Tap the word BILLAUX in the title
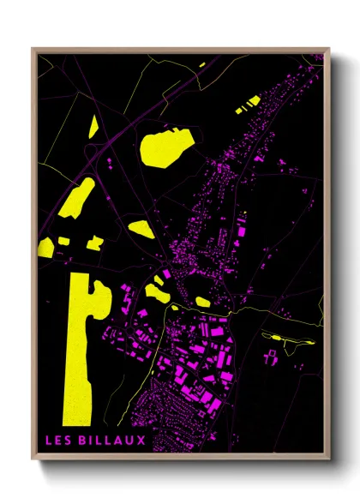pyautogui.click(x=115, y=440)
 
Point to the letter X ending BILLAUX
pyautogui.click(x=141, y=440)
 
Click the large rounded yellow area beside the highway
pyautogui.click(x=162, y=147)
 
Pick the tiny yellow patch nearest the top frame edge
pyautogui.click(x=202, y=64)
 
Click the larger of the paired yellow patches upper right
pyautogui.click(x=253, y=101)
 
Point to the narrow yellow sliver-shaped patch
pyautogui.click(x=93, y=126)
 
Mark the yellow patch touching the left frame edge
pyautogui.click(x=45, y=249)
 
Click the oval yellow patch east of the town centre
pyautogui.click(x=203, y=301)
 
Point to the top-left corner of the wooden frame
pyautogui.click(x=33, y=50)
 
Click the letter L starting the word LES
pyautogui.click(x=50, y=440)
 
